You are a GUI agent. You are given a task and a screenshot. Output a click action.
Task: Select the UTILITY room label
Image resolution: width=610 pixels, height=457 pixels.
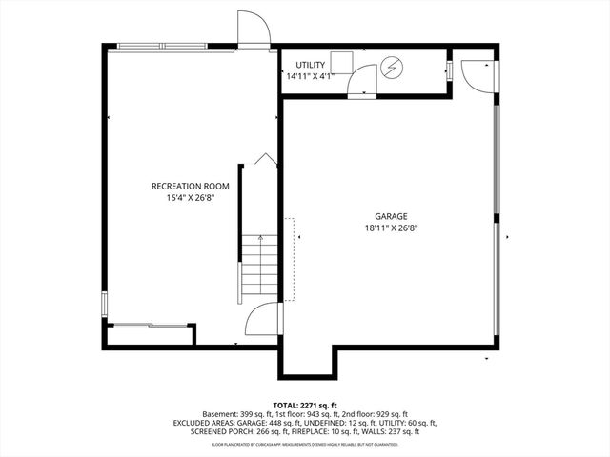pyautogui.click(x=310, y=65)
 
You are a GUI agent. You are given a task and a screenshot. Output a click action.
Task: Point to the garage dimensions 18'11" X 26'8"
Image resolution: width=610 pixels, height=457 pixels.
pyautogui.click(x=391, y=228)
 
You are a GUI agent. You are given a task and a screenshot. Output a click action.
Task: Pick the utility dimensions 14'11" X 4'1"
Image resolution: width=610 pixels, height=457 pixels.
pyautogui.click(x=310, y=76)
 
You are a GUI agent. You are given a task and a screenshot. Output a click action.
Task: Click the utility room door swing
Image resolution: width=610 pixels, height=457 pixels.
pyautogui.click(x=362, y=85)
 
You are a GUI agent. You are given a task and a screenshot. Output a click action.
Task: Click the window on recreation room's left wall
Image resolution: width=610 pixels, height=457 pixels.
pyautogui.click(x=104, y=305)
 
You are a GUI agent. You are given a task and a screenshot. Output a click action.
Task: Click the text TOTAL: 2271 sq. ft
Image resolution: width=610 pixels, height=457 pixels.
pyautogui.click(x=305, y=405)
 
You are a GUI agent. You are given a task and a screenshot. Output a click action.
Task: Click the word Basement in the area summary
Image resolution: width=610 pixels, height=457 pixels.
pyautogui.click(x=220, y=414)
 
